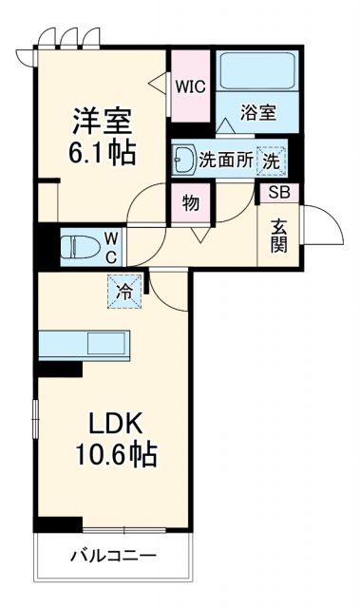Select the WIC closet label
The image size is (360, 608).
point(191,85)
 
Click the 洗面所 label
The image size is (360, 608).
point(226,161)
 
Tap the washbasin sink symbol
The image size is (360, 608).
point(184,160)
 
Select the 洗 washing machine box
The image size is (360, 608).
point(272,161)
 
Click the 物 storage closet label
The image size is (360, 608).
point(190,201)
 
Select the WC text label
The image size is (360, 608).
point(111,247)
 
